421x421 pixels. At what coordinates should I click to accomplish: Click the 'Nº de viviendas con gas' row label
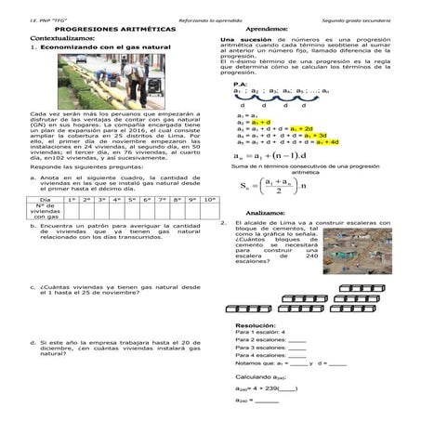(45, 213)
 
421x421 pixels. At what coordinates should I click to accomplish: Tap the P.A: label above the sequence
(240, 84)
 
